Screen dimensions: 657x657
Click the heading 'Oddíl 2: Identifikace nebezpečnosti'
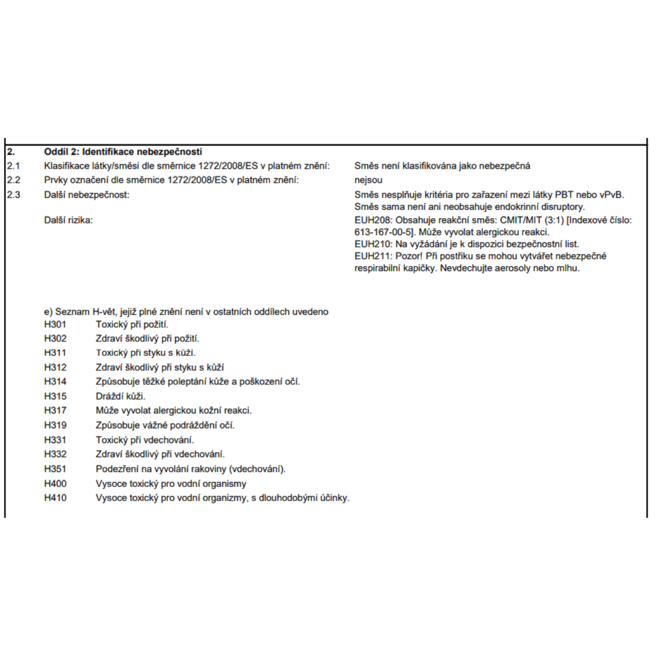point(123,152)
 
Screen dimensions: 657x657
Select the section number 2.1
point(13,166)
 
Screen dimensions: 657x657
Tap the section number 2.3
point(13,194)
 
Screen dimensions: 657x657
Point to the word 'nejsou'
point(368,180)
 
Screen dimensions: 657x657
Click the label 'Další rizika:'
point(68,220)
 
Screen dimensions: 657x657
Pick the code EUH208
point(373,220)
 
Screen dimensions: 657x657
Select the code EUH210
point(373,244)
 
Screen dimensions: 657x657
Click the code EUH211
point(373,256)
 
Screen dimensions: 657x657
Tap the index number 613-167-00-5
point(383,232)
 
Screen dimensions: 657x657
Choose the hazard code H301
point(55,325)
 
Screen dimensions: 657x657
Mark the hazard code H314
point(55,381)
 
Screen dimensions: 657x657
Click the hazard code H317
point(55,410)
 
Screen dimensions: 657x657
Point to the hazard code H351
point(55,469)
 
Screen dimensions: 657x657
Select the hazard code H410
point(55,498)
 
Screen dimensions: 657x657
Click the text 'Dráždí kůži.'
point(120,396)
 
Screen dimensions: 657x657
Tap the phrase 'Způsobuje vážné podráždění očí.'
point(165,425)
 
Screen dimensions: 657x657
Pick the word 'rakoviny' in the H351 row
point(210,469)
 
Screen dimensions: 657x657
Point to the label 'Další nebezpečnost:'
point(87,195)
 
